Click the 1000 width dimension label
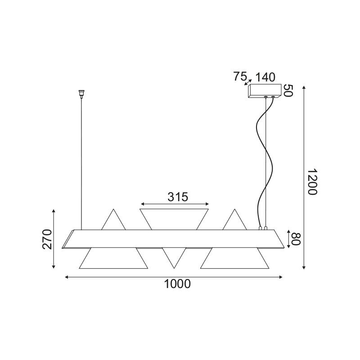click(177, 284)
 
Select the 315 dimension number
click(177, 197)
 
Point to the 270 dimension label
click(48, 239)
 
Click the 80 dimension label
click(295, 239)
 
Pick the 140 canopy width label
click(265, 77)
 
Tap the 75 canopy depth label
click(241, 76)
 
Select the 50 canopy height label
click(288, 90)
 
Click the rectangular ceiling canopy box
click(265, 91)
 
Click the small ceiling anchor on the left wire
click(81, 93)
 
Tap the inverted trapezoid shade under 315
click(175, 219)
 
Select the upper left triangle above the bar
click(113, 222)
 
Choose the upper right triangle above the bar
click(234, 222)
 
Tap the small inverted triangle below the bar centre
click(174, 256)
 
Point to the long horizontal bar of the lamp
click(175, 238)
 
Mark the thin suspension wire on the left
click(81, 162)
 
